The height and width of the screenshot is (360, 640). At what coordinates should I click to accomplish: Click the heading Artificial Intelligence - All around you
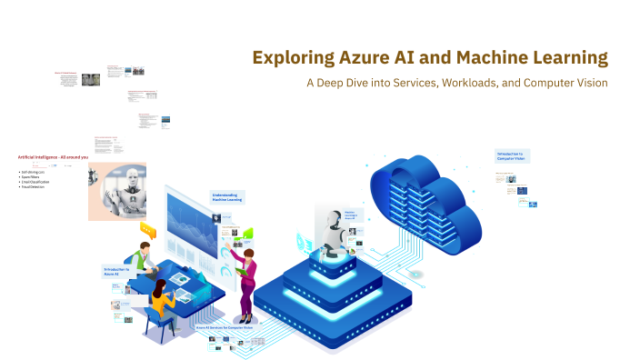click(x=53, y=157)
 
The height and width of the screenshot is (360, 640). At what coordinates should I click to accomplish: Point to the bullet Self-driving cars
click(x=34, y=171)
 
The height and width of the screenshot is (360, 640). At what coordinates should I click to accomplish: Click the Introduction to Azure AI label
click(x=117, y=271)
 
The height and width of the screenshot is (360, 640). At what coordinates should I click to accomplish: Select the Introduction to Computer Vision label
click(x=511, y=155)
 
